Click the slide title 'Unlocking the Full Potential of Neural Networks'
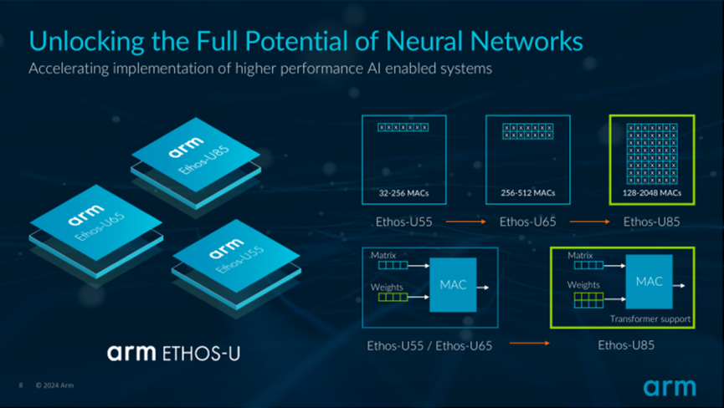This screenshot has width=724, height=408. pos(306,40)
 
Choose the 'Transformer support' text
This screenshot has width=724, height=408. pos(650,319)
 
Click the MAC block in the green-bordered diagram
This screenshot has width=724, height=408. pos(648,282)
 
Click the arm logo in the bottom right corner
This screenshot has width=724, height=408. pos(669,387)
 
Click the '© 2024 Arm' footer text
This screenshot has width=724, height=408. pos(55,385)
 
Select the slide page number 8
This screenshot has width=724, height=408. pos(20,385)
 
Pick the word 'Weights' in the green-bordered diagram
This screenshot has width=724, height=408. pos(583,284)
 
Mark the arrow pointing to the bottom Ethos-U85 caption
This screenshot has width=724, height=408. pos(529,343)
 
